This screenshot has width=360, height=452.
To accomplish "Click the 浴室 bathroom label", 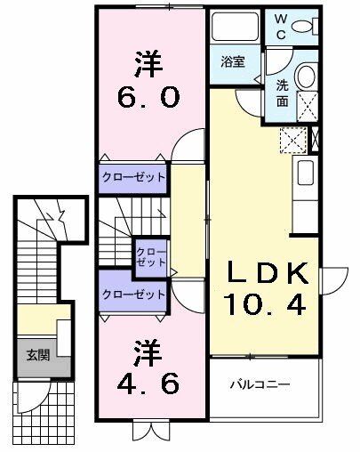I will click(x=235, y=61).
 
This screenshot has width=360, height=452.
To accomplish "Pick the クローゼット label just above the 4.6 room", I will click(x=133, y=294).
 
